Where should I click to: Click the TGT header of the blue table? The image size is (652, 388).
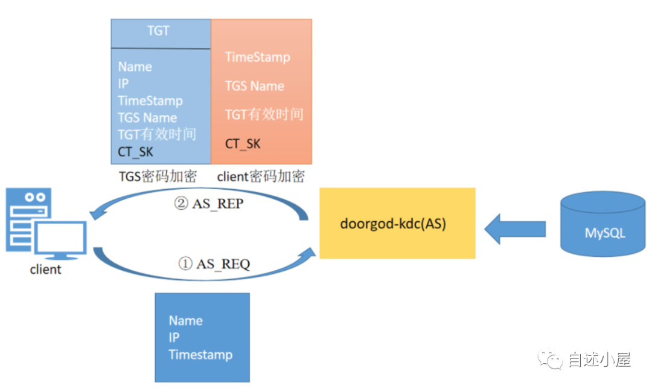[158, 31]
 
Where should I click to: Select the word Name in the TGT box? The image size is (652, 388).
[135, 66]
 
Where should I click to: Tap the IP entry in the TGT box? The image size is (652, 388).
[123, 83]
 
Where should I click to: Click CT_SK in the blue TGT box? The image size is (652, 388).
[135, 152]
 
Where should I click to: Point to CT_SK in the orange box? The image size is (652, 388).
[243, 144]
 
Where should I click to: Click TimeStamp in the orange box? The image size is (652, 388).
[257, 57]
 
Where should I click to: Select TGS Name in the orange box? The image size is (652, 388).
[254, 86]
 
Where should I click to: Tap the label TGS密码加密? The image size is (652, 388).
[158, 176]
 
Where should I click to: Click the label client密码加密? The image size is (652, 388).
[261, 176]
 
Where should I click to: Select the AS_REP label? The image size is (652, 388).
[208, 204]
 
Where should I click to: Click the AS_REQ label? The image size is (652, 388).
[214, 264]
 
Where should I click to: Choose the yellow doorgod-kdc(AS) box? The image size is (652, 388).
[397, 223]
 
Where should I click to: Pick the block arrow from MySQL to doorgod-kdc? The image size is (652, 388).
[515, 228]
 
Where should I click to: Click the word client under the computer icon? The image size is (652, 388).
[46, 270]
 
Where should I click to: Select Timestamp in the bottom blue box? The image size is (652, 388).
[200, 355]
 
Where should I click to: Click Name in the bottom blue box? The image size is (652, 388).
[185, 320]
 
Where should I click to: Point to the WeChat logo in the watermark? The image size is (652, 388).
[552, 360]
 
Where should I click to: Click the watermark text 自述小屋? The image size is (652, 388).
[599, 360]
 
